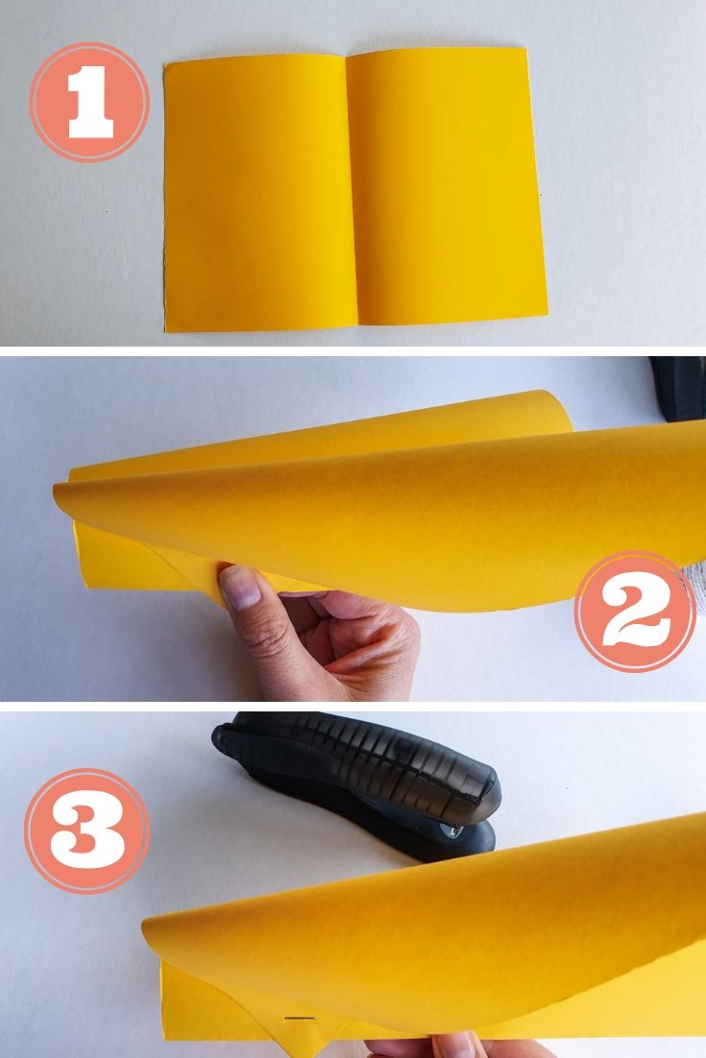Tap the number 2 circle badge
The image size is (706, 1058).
635,611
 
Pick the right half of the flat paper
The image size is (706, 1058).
447,187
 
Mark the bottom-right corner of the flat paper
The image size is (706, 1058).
547,314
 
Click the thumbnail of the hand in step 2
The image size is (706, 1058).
240,587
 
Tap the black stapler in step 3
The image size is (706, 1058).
365,778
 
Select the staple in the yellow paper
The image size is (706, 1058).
301,1016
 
